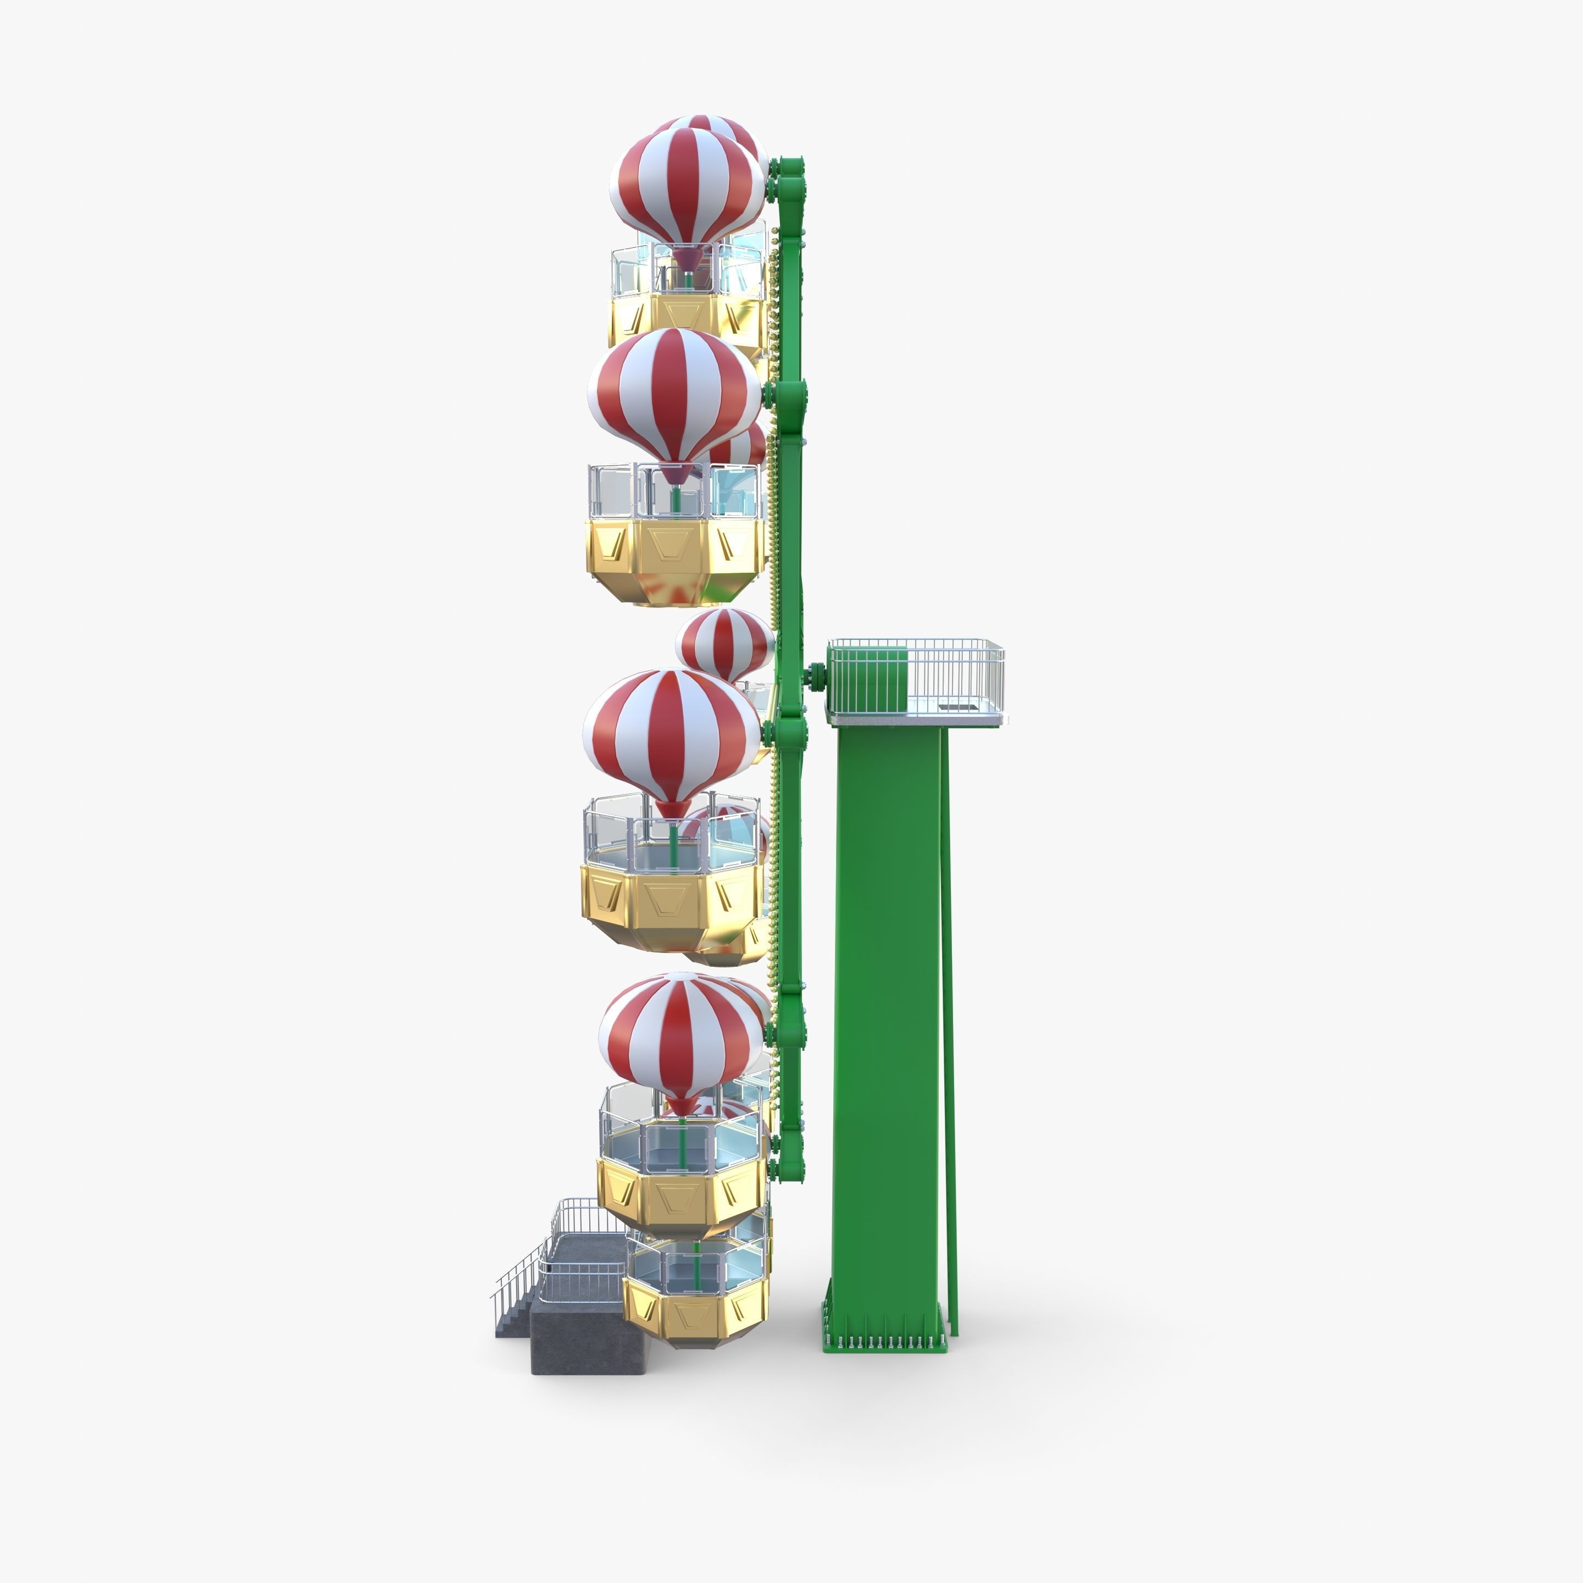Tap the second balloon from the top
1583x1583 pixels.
coord(673,395)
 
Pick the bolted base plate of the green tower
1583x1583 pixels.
coord(888,1344)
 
